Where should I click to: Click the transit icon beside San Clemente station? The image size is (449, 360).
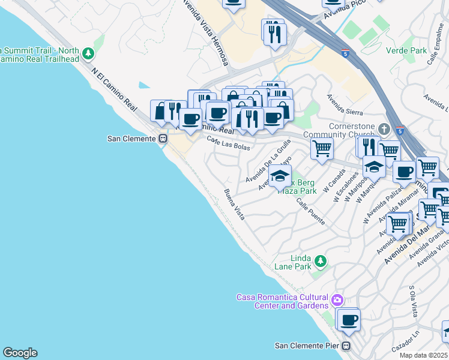pos(163,139)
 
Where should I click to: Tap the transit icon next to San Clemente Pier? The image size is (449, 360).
pos(346,346)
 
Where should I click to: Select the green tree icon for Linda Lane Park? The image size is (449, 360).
pos(321,260)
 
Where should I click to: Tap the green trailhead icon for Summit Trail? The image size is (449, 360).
pos(88,54)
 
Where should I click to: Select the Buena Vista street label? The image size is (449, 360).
pos(234,204)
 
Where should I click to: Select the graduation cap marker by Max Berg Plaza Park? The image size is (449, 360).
pos(279,176)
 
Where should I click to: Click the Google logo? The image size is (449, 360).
pos(20,353)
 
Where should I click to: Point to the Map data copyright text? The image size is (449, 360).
pos(424,355)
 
